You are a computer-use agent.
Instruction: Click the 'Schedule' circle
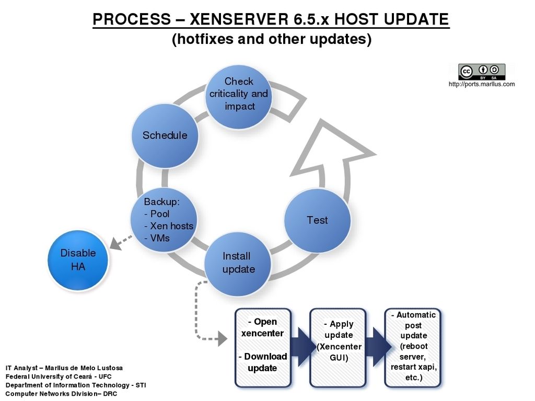[165, 136]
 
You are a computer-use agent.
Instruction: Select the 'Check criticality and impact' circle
[238, 97]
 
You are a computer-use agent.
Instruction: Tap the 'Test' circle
[317, 221]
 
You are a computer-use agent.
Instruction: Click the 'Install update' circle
[238, 264]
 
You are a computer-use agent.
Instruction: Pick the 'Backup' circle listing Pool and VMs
[164, 220]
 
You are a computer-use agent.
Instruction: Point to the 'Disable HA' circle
[78, 260]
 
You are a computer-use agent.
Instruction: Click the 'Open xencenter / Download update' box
[263, 348]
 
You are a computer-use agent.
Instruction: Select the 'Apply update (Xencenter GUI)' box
[338, 348]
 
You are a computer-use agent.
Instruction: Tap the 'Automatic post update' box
[413, 348]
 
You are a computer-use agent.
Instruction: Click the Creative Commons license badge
[482, 72]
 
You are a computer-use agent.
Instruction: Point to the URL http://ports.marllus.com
[481, 84]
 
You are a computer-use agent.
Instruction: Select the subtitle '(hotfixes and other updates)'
[272, 39]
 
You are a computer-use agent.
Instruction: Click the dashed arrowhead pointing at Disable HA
[116, 243]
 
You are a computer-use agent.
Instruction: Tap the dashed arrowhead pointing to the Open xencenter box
[223, 338]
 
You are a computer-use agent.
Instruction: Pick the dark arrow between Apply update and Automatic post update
[378, 347]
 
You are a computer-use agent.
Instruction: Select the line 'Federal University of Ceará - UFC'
[59, 376]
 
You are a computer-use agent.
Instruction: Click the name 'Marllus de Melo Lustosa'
[84, 368]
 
